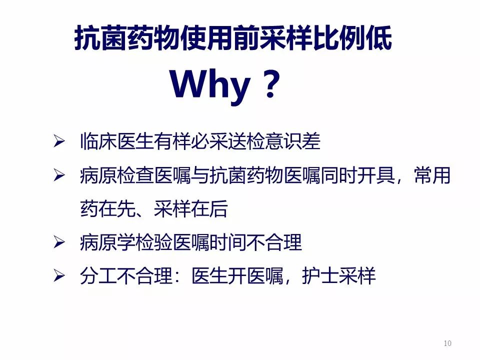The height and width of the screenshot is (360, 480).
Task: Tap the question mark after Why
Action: click(x=271, y=83)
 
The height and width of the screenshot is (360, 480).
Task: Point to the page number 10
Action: click(x=447, y=343)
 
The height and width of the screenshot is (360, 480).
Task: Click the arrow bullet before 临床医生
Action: click(x=59, y=141)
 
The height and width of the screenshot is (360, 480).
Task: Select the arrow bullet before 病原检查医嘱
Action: click(x=59, y=175)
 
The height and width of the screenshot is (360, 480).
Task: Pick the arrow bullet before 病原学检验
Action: click(x=59, y=242)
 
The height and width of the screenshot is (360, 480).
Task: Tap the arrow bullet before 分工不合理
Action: click(x=59, y=275)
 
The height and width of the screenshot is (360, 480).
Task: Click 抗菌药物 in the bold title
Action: click(x=126, y=38)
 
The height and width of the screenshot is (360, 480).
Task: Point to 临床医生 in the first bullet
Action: click(x=116, y=141)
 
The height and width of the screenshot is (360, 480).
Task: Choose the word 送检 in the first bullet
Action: click(x=246, y=141)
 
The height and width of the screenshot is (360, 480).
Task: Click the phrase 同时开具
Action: click(x=357, y=175)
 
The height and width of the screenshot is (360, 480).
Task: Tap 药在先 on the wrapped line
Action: click(x=108, y=209)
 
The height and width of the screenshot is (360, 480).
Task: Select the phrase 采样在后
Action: click(x=190, y=209)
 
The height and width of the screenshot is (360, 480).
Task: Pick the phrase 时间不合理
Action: click(x=255, y=242)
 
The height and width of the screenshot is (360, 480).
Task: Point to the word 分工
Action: click(x=98, y=276)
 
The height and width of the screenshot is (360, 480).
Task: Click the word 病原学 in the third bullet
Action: click(x=108, y=242)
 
